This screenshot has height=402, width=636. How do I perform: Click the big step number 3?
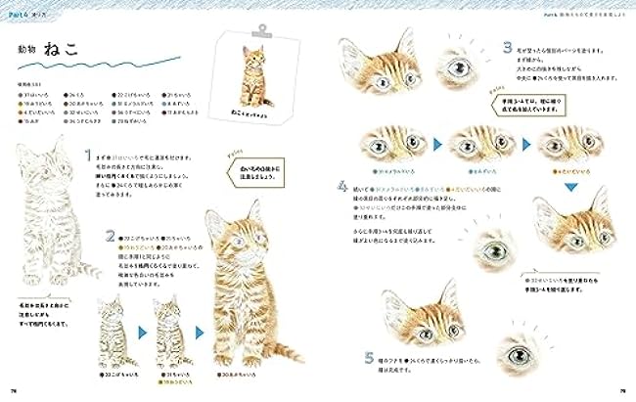pyautogui.click(x=508, y=47)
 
